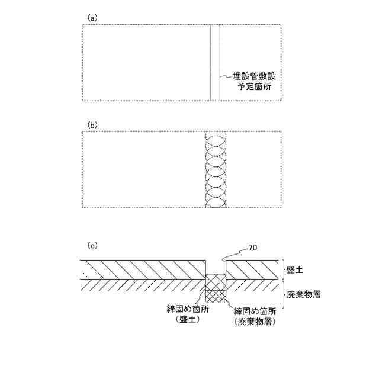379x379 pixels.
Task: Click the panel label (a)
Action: (x=92, y=18)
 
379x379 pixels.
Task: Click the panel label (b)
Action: (x=92, y=125)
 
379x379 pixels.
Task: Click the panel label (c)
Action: (x=92, y=245)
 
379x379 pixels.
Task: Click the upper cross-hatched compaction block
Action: (x=216, y=281)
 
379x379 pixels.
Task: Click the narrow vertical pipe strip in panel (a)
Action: (x=216, y=62)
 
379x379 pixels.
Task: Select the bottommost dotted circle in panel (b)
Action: (x=216, y=200)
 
